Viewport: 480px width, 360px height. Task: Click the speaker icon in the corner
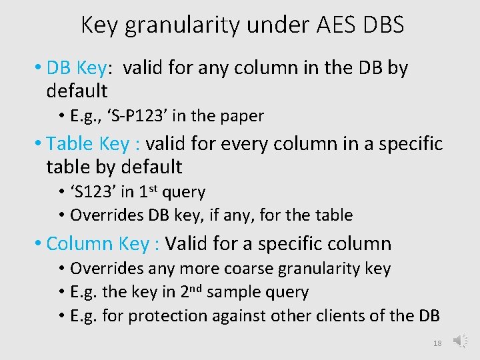coord(461,341)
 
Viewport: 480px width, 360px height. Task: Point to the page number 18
coord(437,343)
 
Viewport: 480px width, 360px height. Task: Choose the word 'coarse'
coord(245,269)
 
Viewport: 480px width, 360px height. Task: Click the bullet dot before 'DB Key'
coord(39,68)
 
